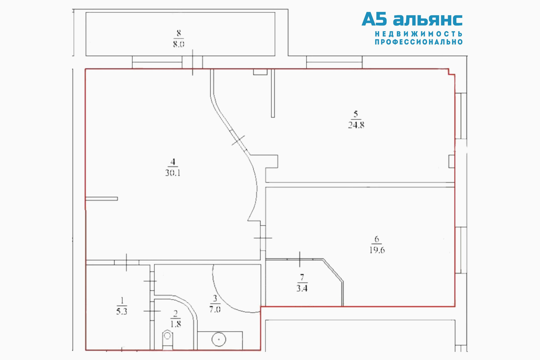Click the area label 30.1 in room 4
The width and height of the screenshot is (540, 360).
[x=173, y=173]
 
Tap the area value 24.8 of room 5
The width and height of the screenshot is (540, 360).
[x=356, y=125]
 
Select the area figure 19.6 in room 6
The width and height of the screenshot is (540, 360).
[x=377, y=250]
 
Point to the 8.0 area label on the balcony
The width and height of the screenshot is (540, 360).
[x=179, y=44]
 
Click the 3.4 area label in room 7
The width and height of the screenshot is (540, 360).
[x=302, y=288]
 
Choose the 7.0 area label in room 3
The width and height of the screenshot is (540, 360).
[x=215, y=309]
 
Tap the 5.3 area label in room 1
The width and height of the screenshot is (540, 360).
[x=122, y=311]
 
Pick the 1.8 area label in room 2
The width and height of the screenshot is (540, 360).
[x=175, y=324]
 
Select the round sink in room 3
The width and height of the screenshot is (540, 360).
[x=219, y=339]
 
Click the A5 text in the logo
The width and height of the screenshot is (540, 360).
[x=374, y=19]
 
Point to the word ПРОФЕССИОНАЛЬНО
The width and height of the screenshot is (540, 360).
[x=418, y=42]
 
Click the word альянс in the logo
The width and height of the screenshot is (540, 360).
[x=427, y=20]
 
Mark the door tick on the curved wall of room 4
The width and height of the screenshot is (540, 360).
[x=238, y=140]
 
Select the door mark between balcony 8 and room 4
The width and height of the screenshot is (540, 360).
[x=193, y=62]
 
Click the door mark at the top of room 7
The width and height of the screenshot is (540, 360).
[x=300, y=259]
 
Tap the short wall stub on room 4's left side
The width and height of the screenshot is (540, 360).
[x=102, y=199]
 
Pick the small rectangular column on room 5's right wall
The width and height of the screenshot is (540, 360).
[x=451, y=161]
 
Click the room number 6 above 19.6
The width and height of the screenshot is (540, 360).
[x=377, y=239]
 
